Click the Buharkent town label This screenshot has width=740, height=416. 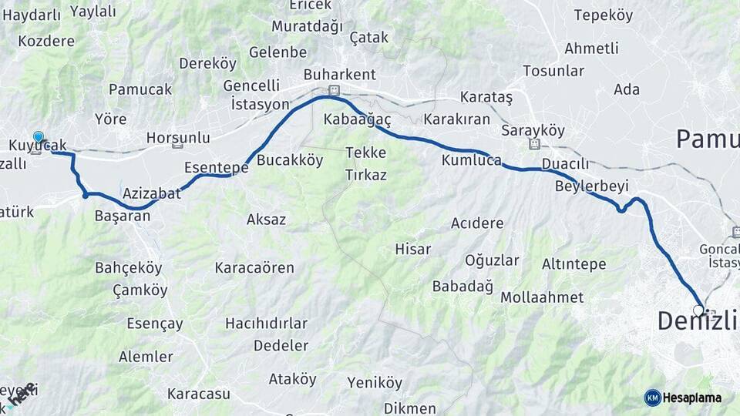point(339,75)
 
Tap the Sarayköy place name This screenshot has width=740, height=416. point(528,130)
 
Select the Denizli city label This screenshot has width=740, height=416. point(697,321)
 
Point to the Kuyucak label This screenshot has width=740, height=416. point(39,145)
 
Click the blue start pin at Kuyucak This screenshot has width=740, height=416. point(39,136)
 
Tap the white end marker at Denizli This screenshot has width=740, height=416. point(698,310)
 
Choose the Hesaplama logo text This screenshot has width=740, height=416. point(692,398)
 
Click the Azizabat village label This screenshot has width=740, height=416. point(151,193)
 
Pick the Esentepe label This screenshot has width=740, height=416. point(216,166)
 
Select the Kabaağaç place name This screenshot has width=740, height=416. point(358,119)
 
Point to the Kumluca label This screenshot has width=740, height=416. point(471,160)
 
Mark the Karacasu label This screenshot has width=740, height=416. point(199,394)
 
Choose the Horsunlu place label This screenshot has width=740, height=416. point(178,137)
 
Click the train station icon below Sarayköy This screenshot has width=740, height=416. point(533,143)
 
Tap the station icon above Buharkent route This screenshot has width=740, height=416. point(334,90)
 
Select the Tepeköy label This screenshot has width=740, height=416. point(604,15)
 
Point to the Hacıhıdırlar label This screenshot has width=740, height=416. point(266,323)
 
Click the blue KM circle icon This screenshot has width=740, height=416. point(652,398)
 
